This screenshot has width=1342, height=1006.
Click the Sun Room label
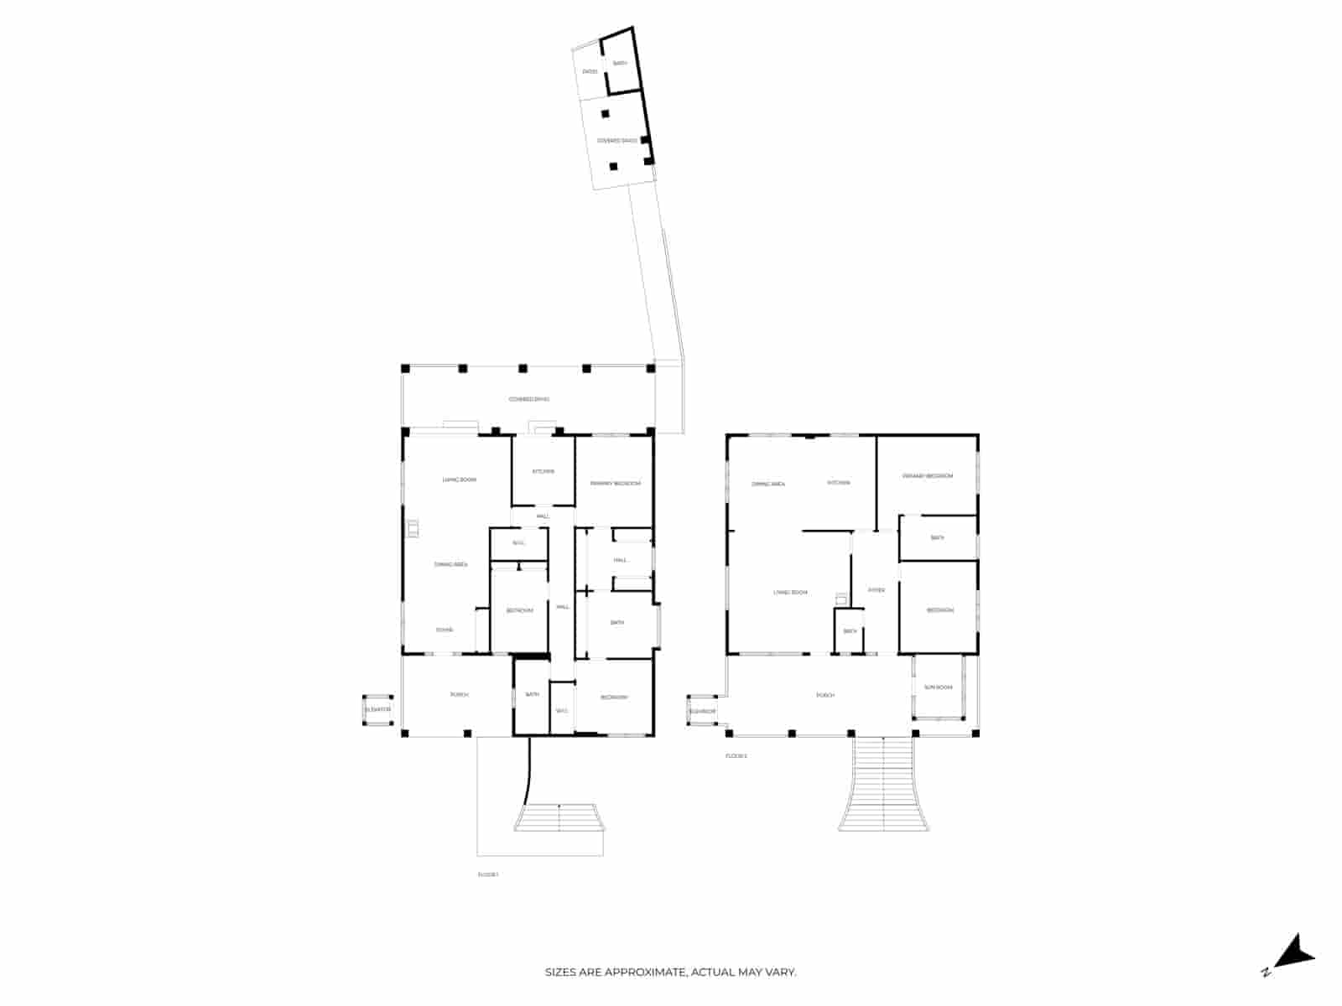939,687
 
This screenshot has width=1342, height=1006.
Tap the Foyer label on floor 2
876,590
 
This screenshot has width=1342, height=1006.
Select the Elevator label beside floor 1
377,710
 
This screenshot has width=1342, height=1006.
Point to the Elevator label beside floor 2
702,712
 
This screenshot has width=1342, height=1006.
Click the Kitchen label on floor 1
543,471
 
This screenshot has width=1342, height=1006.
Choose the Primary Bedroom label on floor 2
928,476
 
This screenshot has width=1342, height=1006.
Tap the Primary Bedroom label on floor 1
615,484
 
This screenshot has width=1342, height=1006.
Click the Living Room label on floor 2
790,593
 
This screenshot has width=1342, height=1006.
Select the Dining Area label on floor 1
450,565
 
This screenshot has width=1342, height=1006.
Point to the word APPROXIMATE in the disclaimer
645,972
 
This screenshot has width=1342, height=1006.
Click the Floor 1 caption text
488,875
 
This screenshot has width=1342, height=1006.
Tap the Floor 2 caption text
736,756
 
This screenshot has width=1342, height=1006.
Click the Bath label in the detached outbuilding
620,64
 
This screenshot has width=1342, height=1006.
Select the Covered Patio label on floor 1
529,399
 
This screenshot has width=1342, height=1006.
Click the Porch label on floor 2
826,696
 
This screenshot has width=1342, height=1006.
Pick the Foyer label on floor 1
445,630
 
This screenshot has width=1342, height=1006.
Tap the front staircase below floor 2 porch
885,784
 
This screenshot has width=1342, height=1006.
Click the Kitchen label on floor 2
839,483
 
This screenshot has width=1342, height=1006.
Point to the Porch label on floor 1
459,695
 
